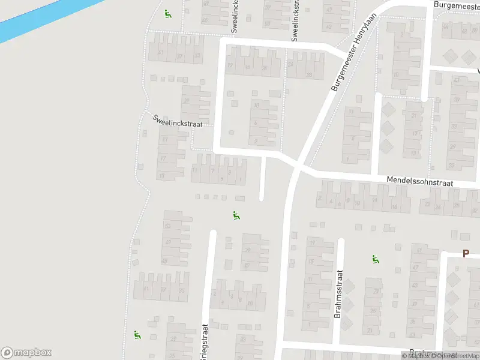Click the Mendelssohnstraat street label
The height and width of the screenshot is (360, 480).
pos(420,180)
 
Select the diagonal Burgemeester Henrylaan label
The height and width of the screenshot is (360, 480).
pos(356,53)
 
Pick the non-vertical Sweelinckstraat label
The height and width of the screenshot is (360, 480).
pos(178,121)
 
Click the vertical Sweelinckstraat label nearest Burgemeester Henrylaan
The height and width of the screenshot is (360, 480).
pos(295,21)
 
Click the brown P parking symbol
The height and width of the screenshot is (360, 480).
pos(466,254)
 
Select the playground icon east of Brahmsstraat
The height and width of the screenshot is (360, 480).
pos(376,260)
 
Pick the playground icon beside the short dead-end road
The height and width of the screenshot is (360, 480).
pos(236,215)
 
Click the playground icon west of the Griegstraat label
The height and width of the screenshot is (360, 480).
pos(137,335)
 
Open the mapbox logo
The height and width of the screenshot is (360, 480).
pos(26,353)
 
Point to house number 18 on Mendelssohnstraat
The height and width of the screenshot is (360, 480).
pos(394,207)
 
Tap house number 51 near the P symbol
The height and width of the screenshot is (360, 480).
pos(419,250)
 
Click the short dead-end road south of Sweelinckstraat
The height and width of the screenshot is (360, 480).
pos(262,179)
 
